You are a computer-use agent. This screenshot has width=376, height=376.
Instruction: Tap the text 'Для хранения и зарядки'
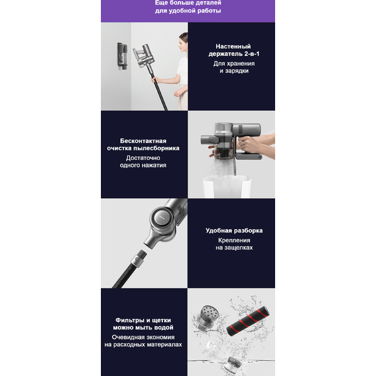coord(231,67)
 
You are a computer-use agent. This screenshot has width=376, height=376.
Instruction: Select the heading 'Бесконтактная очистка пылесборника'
coord(144,144)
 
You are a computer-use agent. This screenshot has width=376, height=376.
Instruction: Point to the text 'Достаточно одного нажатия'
coord(144,162)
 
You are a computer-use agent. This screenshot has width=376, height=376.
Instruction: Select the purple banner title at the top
coord(188,7)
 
